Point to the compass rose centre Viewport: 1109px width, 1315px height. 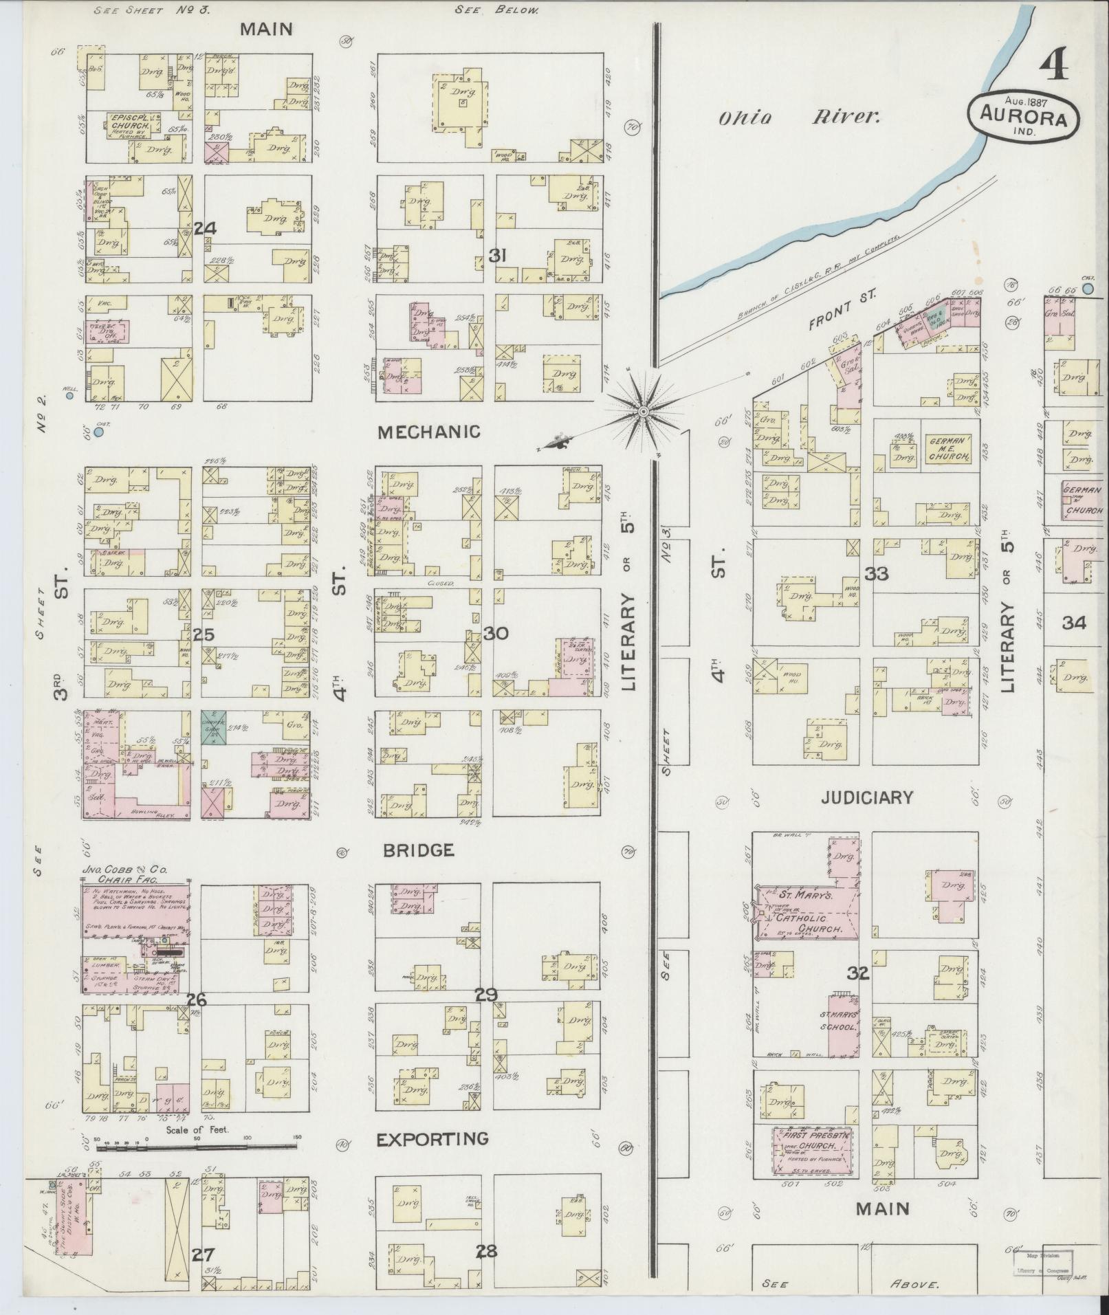(x=644, y=412)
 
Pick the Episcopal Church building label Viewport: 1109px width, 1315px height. (x=132, y=124)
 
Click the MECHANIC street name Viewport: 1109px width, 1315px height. (x=428, y=432)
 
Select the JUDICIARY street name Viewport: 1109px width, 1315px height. (x=866, y=797)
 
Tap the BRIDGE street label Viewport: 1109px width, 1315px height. (x=419, y=850)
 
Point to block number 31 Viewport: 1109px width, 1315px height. (x=497, y=256)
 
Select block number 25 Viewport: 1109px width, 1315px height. (x=204, y=635)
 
